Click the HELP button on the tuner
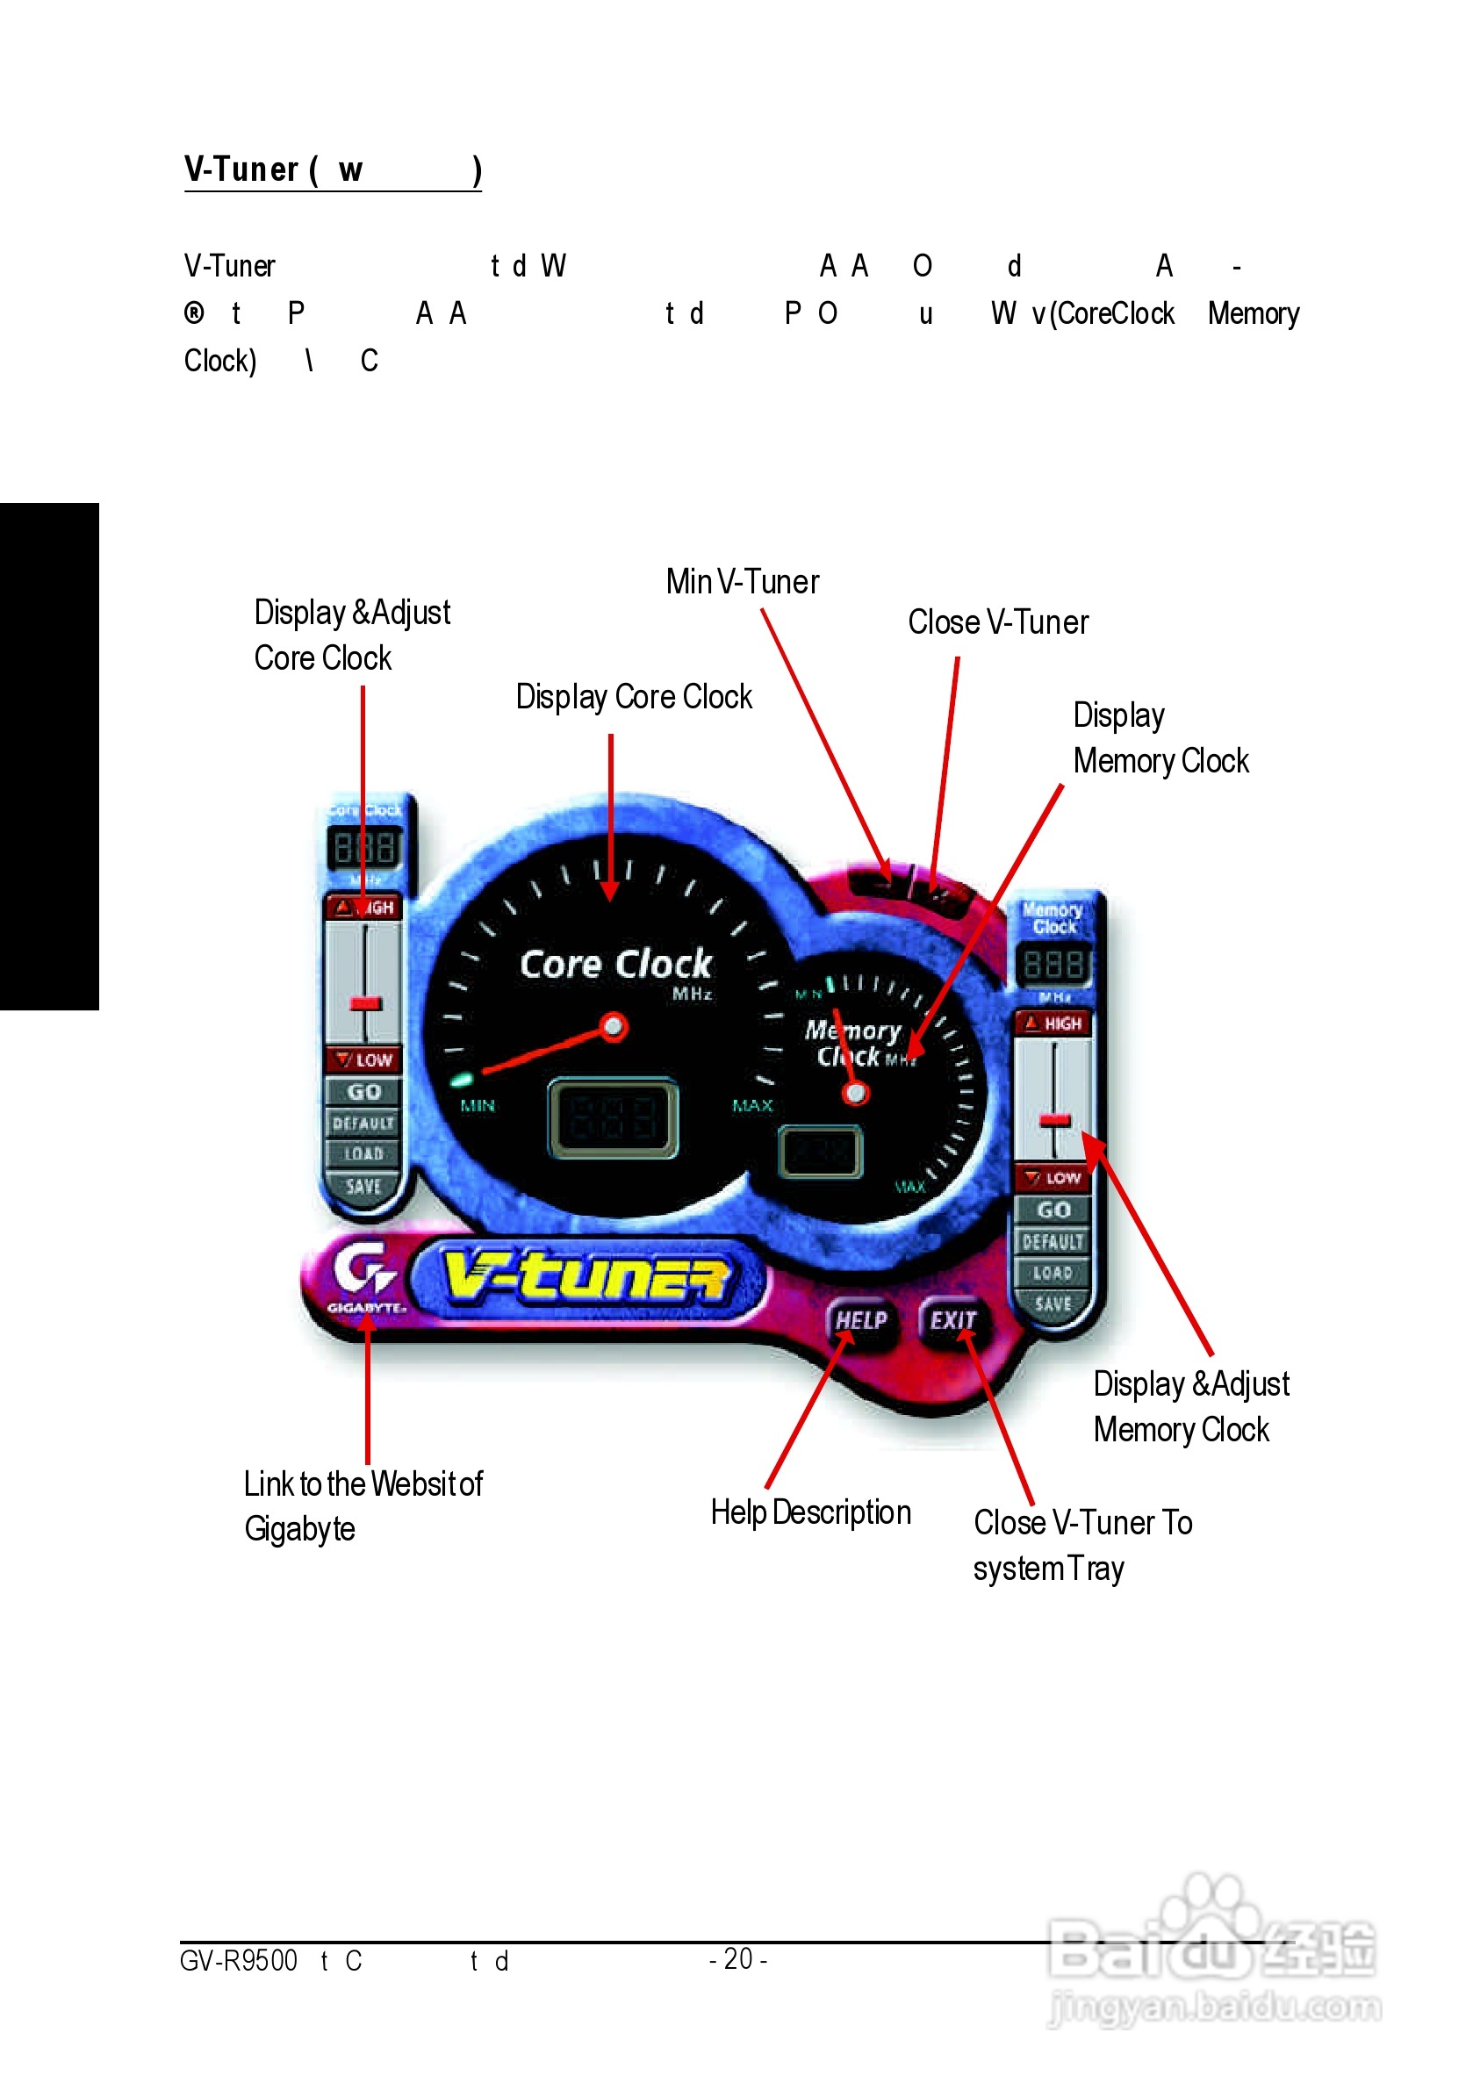coord(860,1320)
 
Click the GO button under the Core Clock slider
coord(363,1091)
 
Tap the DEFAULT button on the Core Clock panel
coord(363,1124)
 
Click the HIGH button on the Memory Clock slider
coord(1053,1023)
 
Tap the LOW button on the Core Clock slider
coord(363,1059)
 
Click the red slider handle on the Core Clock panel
coord(365,1003)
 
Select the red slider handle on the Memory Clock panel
coord(1055,1120)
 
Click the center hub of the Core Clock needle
coord(614,1027)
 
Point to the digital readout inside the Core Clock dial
coord(612,1117)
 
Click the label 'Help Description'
coord(810,1512)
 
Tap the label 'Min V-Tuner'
coord(742,582)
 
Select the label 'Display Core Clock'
coord(634,696)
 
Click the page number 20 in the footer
coord(737,1958)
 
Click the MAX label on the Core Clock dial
coord(752,1105)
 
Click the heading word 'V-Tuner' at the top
coord(241,169)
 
